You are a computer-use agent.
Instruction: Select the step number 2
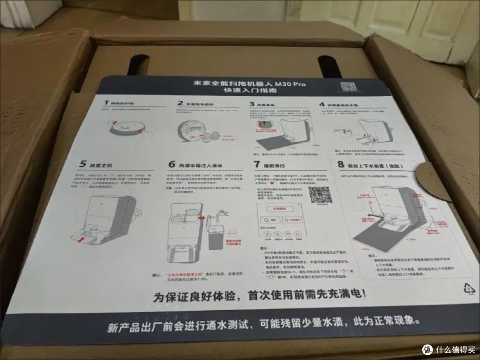click(180, 104)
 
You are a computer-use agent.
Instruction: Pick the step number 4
click(321, 104)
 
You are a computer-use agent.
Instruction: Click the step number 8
click(341, 164)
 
